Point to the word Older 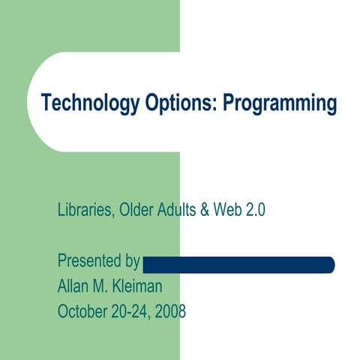pyautogui.click(x=139, y=211)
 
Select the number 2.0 pyautogui.click(x=256, y=211)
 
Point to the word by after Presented pyautogui.click(x=133, y=262)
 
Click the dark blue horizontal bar pyautogui.click(x=238, y=264)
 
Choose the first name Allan pyautogui.click(x=76, y=286)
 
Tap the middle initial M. pyautogui.click(x=106, y=286)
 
